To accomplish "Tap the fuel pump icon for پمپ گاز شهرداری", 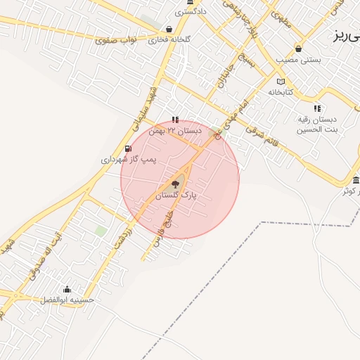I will pos(127,148).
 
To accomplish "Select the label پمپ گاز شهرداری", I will pos(127,160).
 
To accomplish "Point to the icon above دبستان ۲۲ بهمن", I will pos(175,120).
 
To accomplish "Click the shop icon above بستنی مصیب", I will pos(300,49).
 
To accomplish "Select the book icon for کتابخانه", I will pos(281,81).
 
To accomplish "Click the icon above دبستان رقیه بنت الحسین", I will pos(317,108).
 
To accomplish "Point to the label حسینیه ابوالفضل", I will pos(68,300).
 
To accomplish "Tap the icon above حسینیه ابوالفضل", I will pos(67,288).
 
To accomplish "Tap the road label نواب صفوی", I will pos(115,39).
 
